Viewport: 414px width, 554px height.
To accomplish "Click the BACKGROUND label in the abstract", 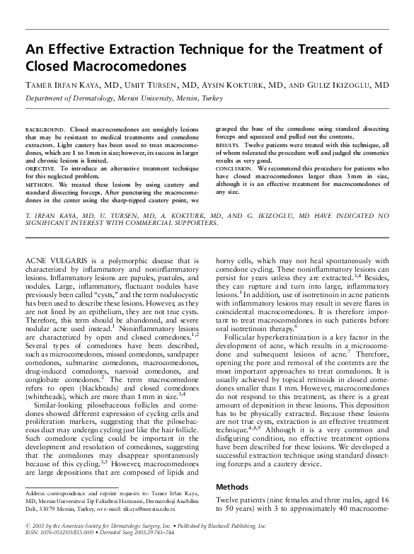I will coord(45,132).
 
